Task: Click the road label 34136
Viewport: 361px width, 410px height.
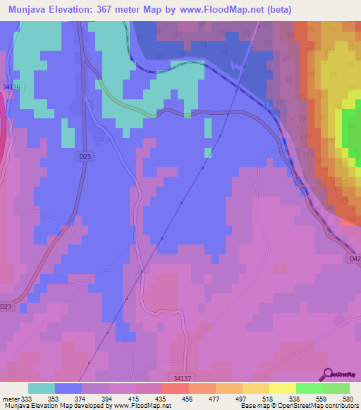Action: pos(13,87)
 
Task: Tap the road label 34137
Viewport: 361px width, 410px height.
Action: pos(181,378)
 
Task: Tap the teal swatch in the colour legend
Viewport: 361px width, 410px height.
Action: pos(42,388)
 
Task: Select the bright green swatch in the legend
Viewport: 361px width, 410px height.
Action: pos(309,388)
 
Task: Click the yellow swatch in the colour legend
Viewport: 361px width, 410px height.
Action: pos(282,388)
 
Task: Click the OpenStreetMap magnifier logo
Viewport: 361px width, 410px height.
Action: pos(327,374)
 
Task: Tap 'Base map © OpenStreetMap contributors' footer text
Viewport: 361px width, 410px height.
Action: pos(299,406)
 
